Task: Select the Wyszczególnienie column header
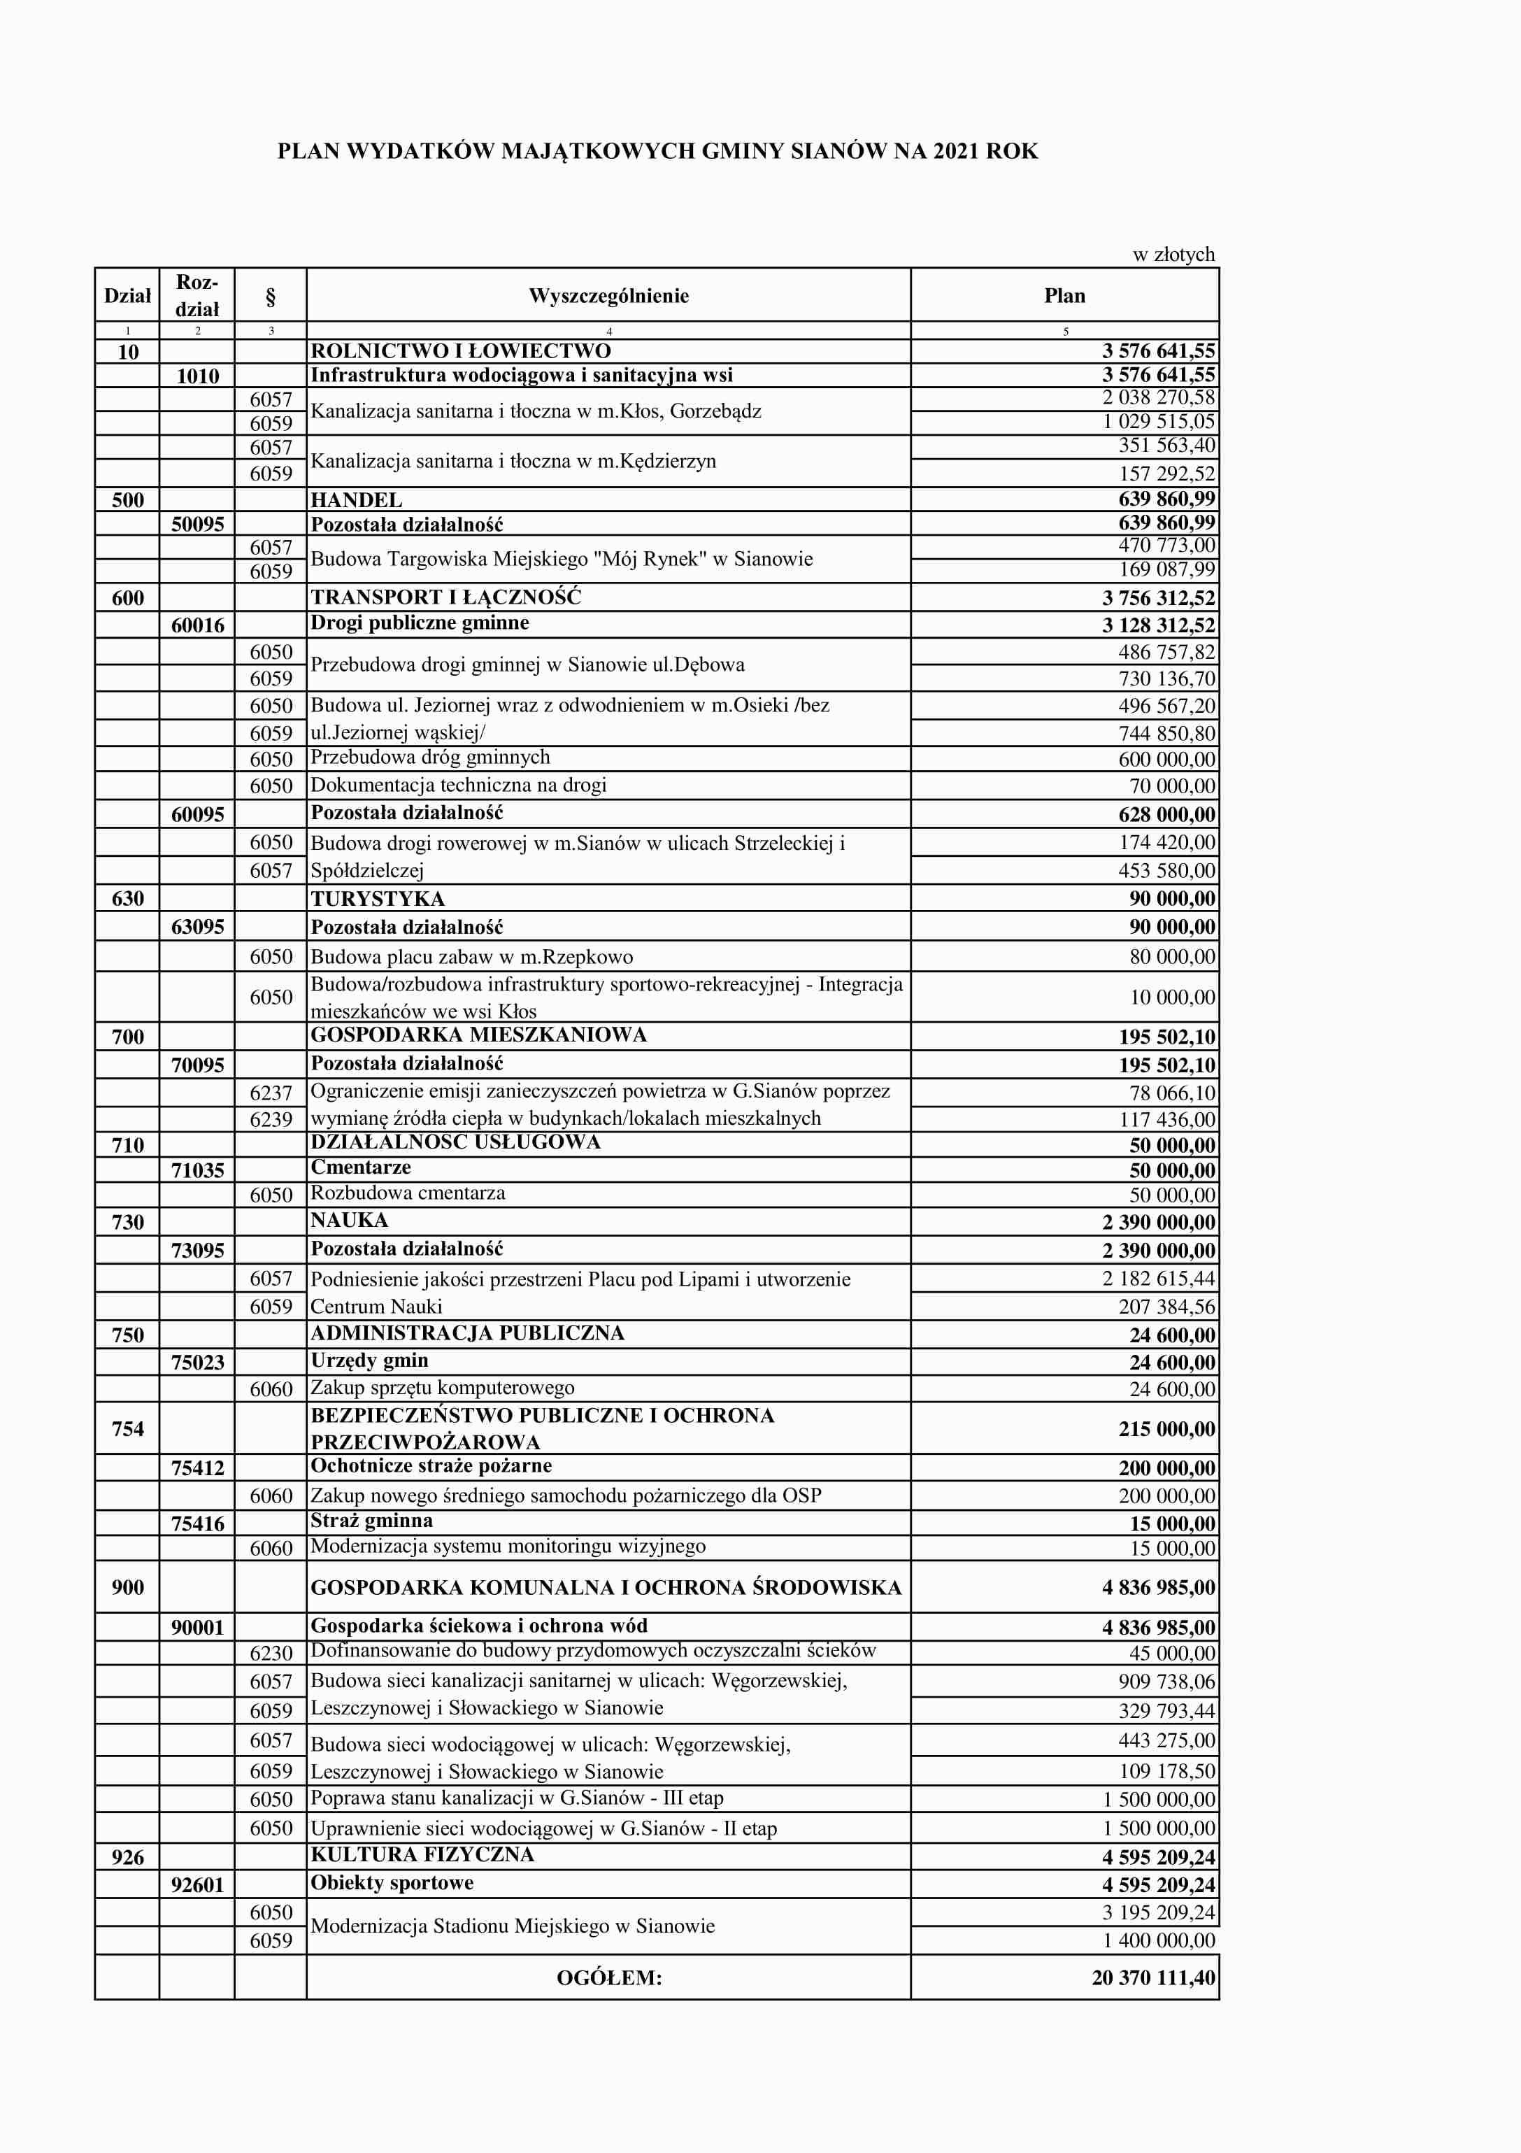608,297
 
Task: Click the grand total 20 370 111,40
1153,1977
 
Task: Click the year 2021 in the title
955,151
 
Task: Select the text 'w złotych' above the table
1173,254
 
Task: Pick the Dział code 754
127,1429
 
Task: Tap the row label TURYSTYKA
378,898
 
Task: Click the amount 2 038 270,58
1158,397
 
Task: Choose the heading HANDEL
357,500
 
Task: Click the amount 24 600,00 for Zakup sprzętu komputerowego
1171,1388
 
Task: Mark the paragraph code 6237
271,1093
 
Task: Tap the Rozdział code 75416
197,1523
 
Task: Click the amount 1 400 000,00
1158,1940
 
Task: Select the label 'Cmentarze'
360,1167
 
